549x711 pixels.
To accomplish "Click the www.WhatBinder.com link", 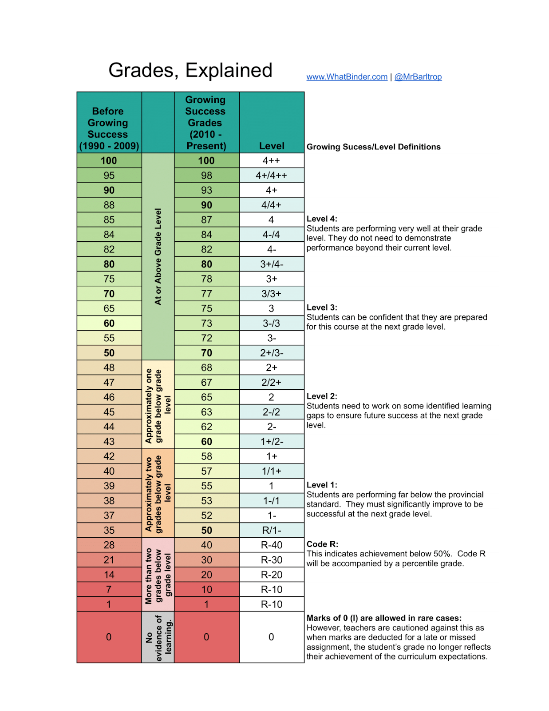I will pos(347,77).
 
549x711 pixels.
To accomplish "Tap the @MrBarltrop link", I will pos(418,77).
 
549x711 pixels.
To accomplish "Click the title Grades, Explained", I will pos(190,70).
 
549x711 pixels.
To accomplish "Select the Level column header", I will pos(272,146).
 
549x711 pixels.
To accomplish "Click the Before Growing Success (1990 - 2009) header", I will pos(109,128).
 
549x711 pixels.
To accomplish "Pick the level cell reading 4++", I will pos(272,160).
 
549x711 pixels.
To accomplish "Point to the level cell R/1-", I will pos(272,530).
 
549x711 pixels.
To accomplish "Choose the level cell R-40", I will pos(272,545).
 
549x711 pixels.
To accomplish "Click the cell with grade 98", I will pos(206,176).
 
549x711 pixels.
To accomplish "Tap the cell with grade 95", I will pos(109,176).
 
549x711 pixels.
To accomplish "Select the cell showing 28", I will pos(109,545).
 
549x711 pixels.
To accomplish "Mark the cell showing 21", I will pos(109,560).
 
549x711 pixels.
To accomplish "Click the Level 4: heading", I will pos(322,219).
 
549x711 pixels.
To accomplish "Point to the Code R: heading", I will pos(322,544).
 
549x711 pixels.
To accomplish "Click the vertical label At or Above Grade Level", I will pos(158,256).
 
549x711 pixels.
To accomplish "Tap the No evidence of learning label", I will pos(158,637).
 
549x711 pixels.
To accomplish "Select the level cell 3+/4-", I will pos(272,264).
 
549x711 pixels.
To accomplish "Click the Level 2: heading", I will pos(322,396).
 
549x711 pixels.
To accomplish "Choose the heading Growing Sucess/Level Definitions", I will pos(373,147).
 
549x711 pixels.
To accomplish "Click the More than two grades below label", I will pos(158,575).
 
